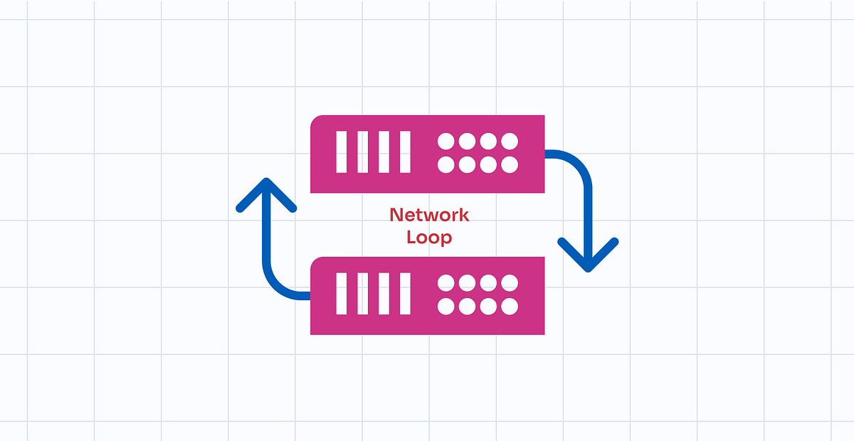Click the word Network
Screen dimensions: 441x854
[x=429, y=215]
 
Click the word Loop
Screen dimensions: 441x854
[x=429, y=237]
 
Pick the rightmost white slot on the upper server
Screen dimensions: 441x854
[x=404, y=152]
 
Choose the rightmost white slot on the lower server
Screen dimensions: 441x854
[x=404, y=294]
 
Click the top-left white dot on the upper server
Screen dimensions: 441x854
[x=446, y=141]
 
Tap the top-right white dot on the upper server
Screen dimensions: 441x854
[x=509, y=141]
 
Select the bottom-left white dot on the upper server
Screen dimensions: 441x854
[x=446, y=165]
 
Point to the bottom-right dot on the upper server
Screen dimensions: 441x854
[x=509, y=165]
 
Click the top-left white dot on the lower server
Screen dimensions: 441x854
[x=446, y=282]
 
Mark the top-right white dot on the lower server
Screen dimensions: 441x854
[x=509, y=282]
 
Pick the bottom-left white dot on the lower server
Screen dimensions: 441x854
[x=446, y=307]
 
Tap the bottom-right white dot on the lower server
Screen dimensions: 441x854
[x=509, y=307]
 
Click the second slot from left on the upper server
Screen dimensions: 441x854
[x=362, y=152]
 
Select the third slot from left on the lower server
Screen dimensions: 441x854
[x=384, y=294]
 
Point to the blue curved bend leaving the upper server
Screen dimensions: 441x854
[x=577, y=163]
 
